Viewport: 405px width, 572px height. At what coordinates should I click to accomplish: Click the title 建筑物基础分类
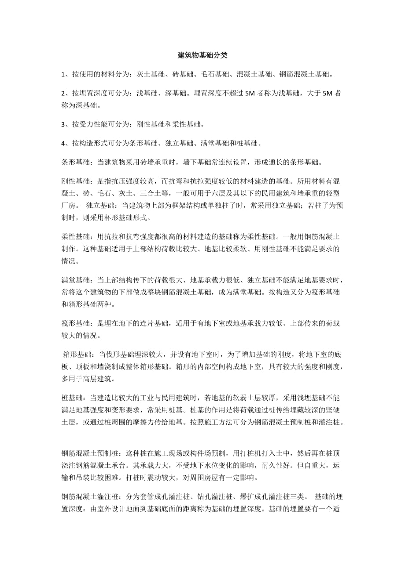tap(202, 55)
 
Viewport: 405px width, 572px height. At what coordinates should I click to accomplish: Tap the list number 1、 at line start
tap(66, 74)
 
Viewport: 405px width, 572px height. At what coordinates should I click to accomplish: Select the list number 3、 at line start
tap(66, 124)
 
